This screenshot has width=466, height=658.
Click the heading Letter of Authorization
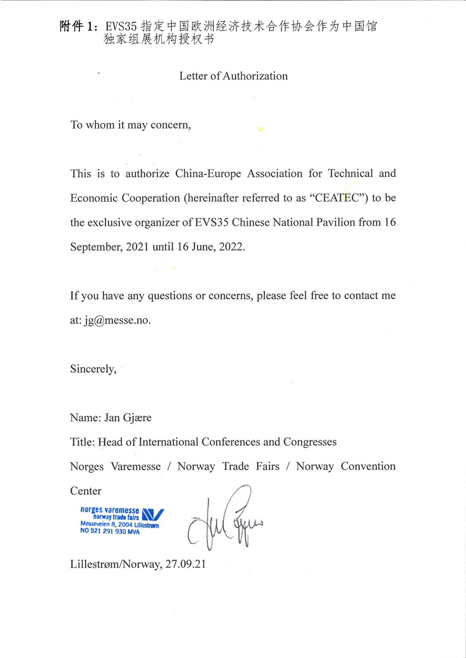[233, 76]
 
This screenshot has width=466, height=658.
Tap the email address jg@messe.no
[117, 320]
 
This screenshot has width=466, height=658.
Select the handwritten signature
[224, 518]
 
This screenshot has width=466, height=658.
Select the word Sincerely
[93, 368]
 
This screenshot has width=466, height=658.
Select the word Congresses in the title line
[310, 442]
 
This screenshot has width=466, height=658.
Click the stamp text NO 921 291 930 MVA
[110, 531]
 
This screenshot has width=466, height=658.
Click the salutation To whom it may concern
[130, 125]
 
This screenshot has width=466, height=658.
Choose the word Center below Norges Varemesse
[86, 490]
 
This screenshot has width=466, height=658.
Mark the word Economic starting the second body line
[93, 198]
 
